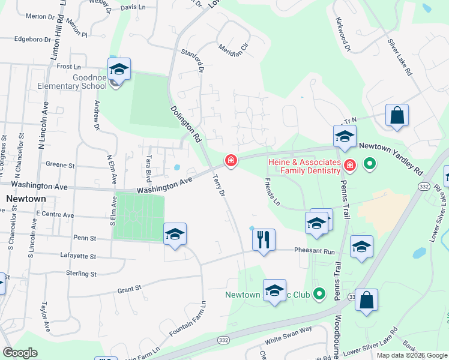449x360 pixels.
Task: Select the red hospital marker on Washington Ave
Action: click(x=230, y=160)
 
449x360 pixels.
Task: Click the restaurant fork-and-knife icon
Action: click(x=264, y=240)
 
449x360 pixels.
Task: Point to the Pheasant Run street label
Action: click(x=314, y=252)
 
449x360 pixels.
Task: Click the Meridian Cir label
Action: click(x=233, y=50)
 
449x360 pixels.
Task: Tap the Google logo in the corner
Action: click(x=20, y=353)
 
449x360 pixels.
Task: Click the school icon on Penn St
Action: click(x=175, y=234)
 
